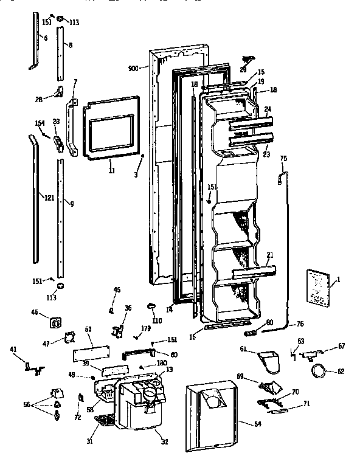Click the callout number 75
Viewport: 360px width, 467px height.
coord(283,159)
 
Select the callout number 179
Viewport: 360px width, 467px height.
coord(145,329)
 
